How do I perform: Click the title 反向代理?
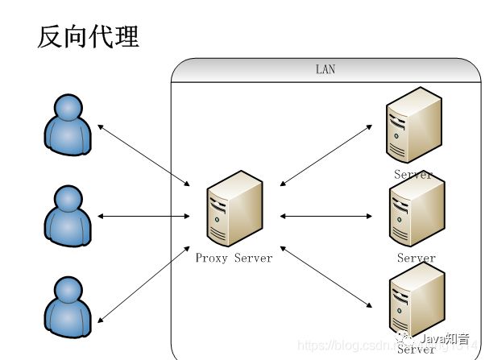point(88,36)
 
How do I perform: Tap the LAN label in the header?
point(325,70)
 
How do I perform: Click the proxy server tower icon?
point(234,209)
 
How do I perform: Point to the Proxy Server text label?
point(234,258)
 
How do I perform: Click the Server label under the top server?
point(413,174)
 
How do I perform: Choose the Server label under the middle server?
point(416,259)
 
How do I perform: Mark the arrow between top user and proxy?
point(143,151)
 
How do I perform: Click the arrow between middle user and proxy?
point(143,216)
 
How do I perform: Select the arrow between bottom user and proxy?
point(143,281)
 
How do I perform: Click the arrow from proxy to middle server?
point(326,216)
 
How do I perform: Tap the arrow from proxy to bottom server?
point(326,277)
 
